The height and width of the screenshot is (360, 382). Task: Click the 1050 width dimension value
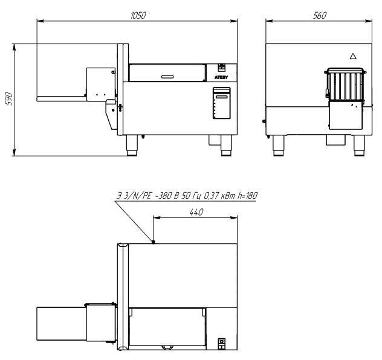pos(138,15)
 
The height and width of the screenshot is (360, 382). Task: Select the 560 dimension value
pos(319,15)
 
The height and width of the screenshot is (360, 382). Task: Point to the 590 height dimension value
pos(8,99)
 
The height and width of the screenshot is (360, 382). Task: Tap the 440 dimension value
pos(196,212)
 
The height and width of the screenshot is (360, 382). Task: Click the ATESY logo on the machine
pos(221,77)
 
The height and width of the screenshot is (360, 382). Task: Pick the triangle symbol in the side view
pos(353,56)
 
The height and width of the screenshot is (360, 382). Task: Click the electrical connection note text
pos(187,196)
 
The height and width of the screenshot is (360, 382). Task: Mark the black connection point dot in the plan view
pos(154,242)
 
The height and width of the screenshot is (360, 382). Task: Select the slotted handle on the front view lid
pos(167,77)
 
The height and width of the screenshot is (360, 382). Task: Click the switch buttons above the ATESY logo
pos(221,68)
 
